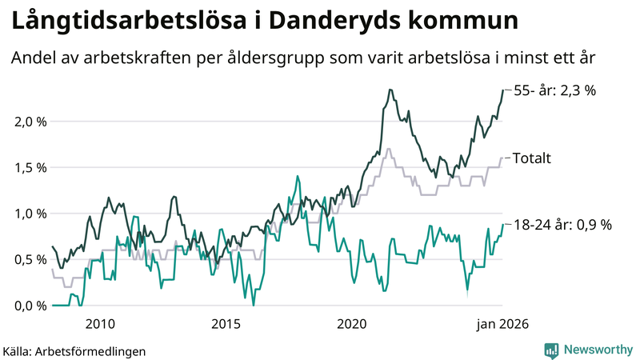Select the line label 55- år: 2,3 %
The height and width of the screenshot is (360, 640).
pos(554,90)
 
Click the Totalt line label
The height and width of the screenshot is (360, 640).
pos(532,158)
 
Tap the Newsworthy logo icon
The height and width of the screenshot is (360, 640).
pos(551,350)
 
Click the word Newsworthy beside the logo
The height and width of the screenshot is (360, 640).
pos(598,350)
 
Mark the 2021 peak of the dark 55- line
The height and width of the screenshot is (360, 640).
pos(390,90)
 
